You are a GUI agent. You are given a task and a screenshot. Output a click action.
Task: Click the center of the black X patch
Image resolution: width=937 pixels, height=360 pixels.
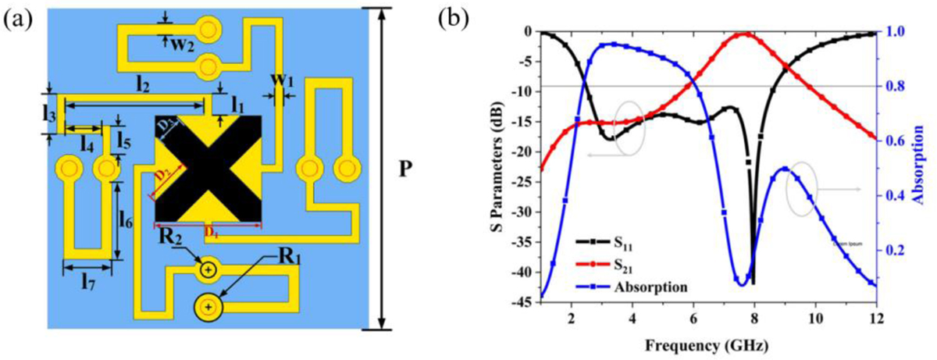coord(208,169)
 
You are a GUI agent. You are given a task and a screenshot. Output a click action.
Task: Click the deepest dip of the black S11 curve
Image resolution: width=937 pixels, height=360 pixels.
coord(754,283)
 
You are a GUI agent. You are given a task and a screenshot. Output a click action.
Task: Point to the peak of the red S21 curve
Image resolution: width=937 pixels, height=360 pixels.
coord(747,34)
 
